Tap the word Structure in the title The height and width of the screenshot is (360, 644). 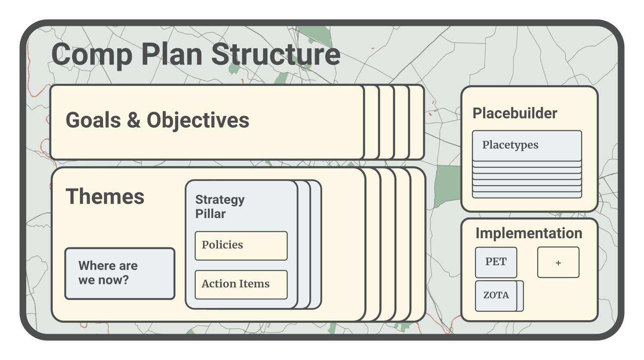275,55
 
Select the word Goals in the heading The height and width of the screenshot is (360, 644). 93,120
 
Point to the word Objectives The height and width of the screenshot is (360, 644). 198,120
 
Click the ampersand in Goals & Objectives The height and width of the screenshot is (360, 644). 134,121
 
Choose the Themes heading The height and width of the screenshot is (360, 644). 105,197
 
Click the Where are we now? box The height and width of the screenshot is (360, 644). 120,273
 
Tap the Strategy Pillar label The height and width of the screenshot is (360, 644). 219,207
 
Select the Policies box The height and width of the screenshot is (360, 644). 241,245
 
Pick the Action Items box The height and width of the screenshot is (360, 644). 241,284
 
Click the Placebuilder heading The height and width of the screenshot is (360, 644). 515,113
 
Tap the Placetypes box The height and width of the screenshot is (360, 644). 527,146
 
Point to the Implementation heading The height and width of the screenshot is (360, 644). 529,233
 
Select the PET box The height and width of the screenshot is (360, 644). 496,262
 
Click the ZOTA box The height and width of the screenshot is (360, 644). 496,296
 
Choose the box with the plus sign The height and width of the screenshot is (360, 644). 558,262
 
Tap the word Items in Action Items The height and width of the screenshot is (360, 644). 255,284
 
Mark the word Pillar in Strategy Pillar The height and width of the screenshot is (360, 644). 210,214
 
